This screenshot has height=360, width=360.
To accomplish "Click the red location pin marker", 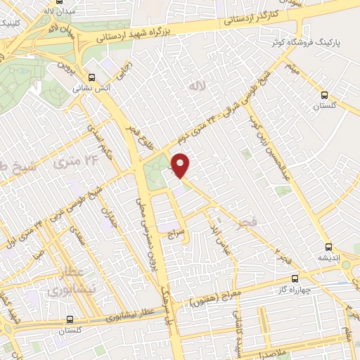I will [x=181, y=165].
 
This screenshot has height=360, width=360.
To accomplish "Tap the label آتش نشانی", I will [x=90, y=89].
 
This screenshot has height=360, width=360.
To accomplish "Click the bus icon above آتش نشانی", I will [x=91, y=77].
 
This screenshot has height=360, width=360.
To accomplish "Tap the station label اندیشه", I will [x=328, y=258].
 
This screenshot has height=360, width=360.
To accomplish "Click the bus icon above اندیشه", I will [x=328, y=246].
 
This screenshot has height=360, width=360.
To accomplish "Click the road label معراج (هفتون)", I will [x=215, y=300].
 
